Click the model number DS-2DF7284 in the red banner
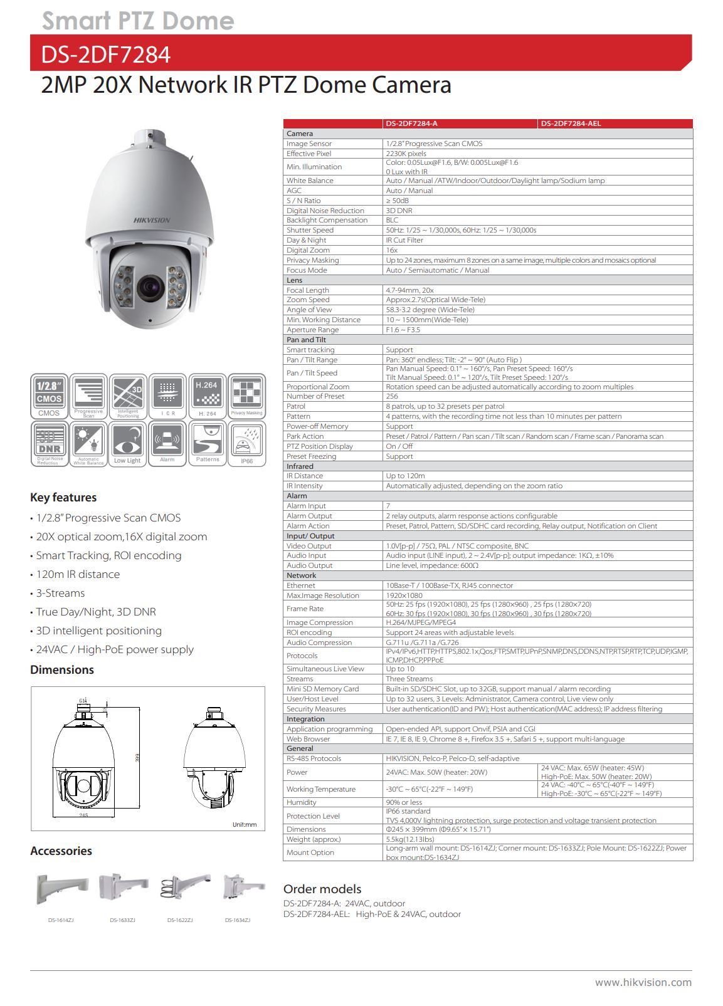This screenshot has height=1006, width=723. click(x=105, y=55)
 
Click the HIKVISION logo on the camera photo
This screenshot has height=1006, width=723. click(x=152, y=220)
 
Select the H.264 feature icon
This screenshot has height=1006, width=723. click(x=207, y=396)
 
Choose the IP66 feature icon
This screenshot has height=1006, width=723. click(x=246, y=443)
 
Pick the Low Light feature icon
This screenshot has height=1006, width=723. click(x=127, y=443)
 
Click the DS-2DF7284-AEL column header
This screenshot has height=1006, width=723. click(x=571, y=123)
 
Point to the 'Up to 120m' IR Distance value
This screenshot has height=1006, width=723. click(x=405, y=476)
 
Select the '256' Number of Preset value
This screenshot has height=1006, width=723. click(x=392, y=396)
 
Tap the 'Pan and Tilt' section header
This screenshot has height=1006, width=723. click(x=306, y=340)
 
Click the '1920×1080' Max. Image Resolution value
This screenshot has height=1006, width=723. click(x=404, y=595)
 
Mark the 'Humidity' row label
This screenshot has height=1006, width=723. click(x=302, y=802)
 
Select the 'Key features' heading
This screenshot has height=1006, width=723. click(x=63, y=498)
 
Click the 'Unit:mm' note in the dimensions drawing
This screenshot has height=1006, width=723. click(x=244, y=824)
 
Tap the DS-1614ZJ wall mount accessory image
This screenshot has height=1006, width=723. click(x=61, y=889)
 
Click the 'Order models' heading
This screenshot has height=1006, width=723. click(x=322, y=889)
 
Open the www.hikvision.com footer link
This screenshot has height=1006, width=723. click(x=643, y=982)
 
